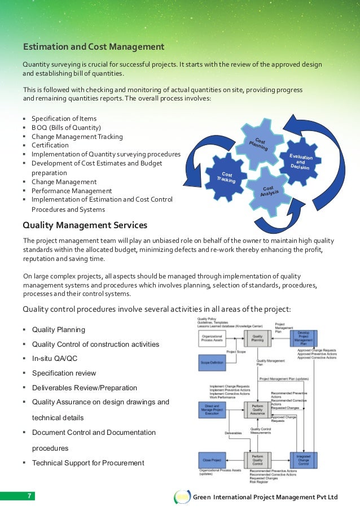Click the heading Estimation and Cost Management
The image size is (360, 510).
[93, 46]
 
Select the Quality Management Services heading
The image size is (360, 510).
[85, 225]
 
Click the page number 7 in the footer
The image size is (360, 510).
[30, 496]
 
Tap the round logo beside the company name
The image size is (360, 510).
[182, 496]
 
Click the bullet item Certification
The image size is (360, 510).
[50, 145]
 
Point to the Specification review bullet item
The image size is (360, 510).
[64, 373]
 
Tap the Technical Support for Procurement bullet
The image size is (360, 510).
[88, 463]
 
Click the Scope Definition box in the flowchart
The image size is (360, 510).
[212, 361]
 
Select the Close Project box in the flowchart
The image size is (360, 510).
[212, 460]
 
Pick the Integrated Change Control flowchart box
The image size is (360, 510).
[304, 460]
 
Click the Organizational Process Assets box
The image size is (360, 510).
[212, 339]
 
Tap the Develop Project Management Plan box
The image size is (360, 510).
[304, 339]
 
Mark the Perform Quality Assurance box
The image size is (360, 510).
[257, 409]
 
